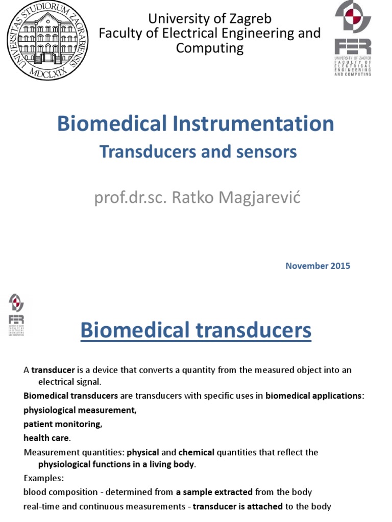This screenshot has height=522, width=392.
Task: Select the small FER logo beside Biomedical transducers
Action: click(16, 315)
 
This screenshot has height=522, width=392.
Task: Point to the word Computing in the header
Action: click(210, 48)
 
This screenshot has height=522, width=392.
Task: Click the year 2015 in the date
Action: click(339, 266)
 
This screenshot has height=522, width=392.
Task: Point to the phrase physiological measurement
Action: click(80, 410)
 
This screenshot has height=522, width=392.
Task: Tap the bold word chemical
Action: click(196, 452)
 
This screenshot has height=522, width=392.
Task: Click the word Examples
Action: click(43, 478)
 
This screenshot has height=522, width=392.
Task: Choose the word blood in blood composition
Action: click(35, 492)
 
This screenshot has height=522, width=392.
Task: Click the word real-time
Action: click(41, 506)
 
